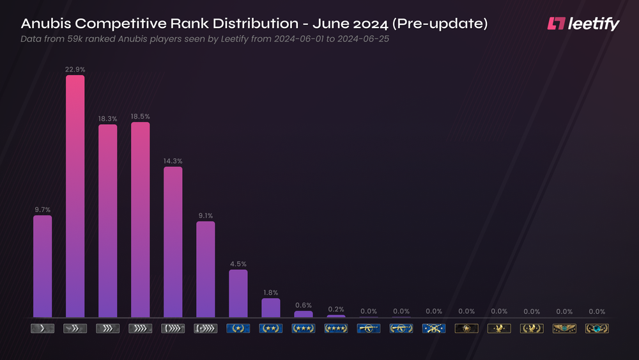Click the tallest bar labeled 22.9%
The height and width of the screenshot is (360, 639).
coord(75,196)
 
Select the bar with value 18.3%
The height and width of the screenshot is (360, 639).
coord(107,221)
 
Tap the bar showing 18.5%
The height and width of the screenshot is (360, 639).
coord(141,219)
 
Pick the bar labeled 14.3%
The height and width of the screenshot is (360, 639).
coord(173,242)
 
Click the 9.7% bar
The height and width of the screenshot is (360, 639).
coord(42,266)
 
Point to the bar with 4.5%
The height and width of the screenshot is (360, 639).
coord(238,293)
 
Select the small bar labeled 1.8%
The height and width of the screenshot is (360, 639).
coord(271,308)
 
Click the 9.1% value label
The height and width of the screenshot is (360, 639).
coord(206,215)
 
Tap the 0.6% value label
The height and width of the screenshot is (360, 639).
coord(304,304)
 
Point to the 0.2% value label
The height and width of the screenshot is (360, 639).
coord(336,309)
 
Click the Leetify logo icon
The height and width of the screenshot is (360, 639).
coord(556,24)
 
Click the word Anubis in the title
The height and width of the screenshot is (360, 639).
coord(47,24)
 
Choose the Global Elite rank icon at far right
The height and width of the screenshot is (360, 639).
coord(597,329)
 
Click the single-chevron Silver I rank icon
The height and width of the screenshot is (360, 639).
coord(42,329)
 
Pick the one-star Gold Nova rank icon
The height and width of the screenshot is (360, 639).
coord(238,329)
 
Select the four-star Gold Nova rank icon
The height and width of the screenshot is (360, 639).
coord(336,329)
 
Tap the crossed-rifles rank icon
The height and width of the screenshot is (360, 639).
coord(434,329)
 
